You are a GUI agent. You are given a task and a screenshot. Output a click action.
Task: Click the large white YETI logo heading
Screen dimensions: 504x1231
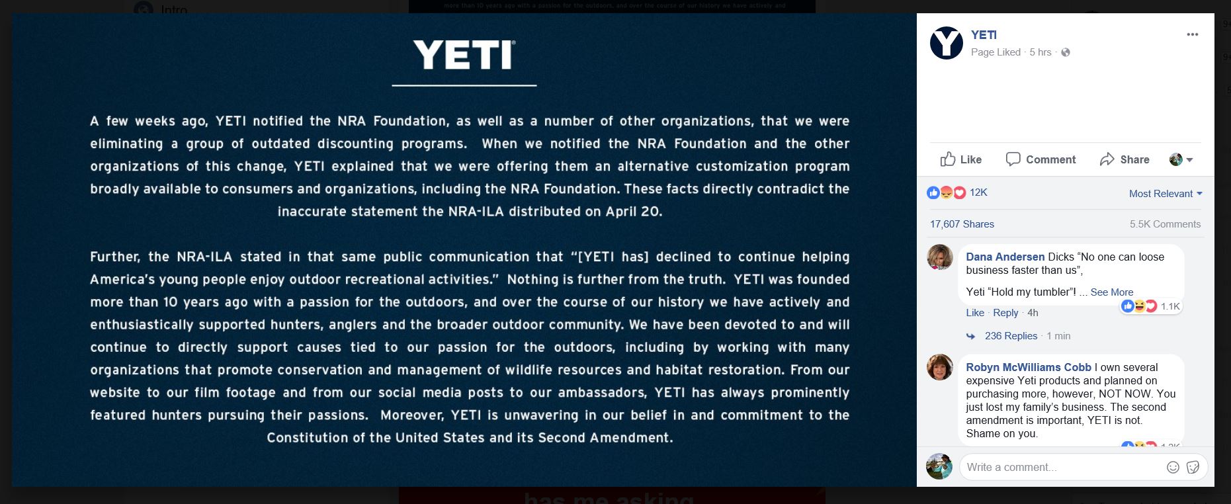[x=464, y=55]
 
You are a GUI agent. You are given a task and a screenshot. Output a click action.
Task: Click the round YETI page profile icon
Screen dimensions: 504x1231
[x=946, y=43]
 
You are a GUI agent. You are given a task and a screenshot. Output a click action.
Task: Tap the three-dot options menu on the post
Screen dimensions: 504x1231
[x=1192, y=35]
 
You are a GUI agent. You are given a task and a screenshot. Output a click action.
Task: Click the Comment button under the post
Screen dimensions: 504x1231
[x=1040, y=159]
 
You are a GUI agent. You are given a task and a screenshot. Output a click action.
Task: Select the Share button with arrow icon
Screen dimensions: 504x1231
[x=1124, y=159]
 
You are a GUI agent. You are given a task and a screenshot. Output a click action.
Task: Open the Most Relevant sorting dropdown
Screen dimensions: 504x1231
[x=1165, y=194]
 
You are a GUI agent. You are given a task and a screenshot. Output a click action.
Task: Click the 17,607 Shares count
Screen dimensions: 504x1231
[x=962, y=224]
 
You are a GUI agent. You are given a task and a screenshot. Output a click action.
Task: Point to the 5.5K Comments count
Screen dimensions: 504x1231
[x=1165, y=224]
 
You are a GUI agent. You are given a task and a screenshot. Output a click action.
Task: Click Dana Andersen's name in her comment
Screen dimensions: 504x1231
[x=1005, y=257]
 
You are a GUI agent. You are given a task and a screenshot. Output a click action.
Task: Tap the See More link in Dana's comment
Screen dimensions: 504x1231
[x=1111, y=292]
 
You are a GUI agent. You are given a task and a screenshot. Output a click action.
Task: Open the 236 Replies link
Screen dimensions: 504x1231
[x=1011, y=336]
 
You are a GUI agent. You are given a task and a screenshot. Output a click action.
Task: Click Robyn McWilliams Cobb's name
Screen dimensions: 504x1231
[x=1028, y=367]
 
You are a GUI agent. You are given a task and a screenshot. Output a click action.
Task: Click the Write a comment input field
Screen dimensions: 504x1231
[x=1058, y=467]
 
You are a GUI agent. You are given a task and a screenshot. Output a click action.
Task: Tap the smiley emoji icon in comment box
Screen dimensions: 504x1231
[x=1173, y=467]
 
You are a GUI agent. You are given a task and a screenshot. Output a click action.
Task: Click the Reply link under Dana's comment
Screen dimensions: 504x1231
[x=1005, y=313]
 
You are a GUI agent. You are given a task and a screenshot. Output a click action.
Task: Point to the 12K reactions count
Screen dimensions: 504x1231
[x=978, y=192]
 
